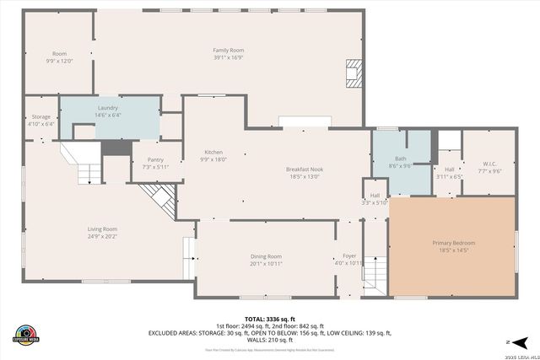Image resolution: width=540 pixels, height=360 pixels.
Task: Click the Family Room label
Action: (228, 54)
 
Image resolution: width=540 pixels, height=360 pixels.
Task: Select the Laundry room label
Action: (108, 111)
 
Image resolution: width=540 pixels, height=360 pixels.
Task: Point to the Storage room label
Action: (41, 120)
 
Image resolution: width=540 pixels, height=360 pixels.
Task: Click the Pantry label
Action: (155, 163)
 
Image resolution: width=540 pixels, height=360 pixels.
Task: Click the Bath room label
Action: (400, 162)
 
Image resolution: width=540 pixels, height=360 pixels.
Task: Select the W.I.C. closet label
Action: (490, 167)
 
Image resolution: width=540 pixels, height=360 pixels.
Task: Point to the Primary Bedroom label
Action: (454, 246)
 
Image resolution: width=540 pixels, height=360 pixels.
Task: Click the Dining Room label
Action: (266, 260)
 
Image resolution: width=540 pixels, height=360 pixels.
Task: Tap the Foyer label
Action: (349, 259)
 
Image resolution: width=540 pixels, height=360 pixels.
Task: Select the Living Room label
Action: (103, 233)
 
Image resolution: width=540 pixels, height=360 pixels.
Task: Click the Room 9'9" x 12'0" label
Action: (59, 56)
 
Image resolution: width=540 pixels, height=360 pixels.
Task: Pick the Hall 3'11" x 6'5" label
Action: (449, 173)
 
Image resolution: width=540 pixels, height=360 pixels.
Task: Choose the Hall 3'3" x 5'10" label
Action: (375, 199)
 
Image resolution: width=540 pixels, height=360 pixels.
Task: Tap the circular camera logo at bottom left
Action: (26, 334)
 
